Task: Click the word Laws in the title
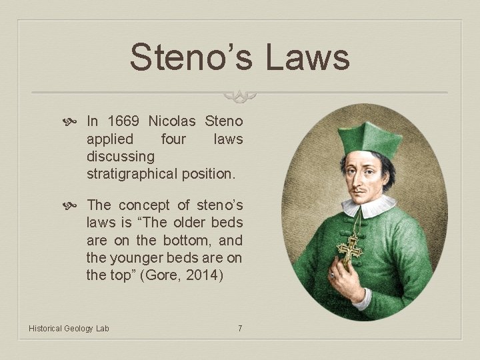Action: [308, 57]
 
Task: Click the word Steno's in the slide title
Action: [191, 57]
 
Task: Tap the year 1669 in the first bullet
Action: [123, 121]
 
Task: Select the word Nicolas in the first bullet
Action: [172, 121]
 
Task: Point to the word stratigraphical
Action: [132, 174]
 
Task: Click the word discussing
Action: [121, 157]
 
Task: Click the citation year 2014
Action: [205, 275]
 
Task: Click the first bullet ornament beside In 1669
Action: [69, 122]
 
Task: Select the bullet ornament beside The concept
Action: [69, 206]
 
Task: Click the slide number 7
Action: [240, 329]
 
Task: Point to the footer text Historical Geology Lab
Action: [69, 329]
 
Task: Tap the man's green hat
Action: [369, 139]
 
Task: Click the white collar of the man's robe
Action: [368, 207]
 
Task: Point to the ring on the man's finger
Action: [333, 275]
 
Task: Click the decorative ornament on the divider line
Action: [240, 95]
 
